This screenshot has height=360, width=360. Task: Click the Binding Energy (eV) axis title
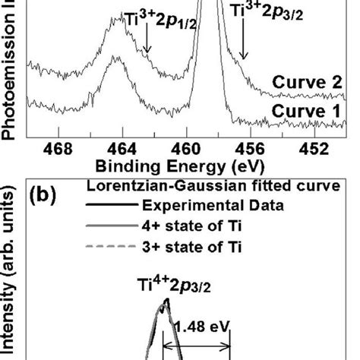pos(182,165)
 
